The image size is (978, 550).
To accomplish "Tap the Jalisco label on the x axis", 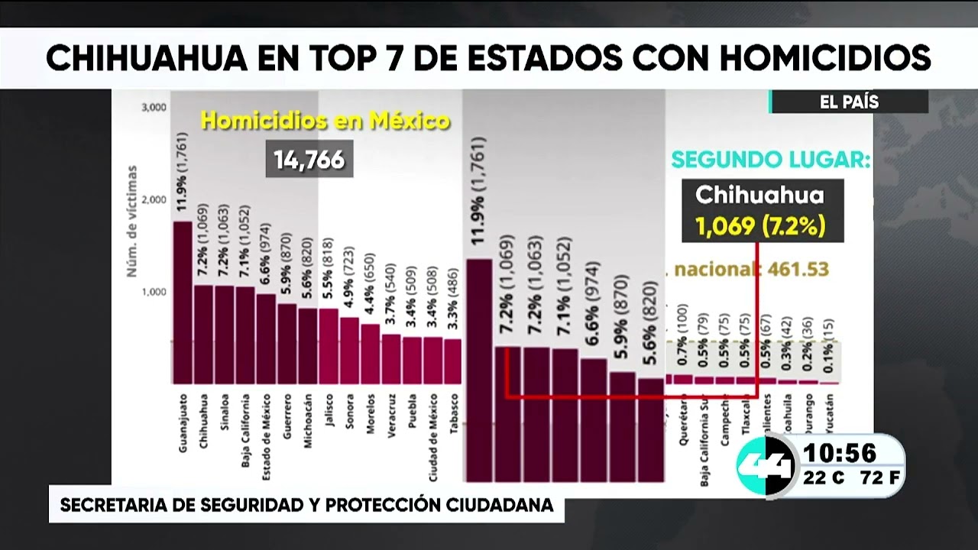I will tap(329, 413).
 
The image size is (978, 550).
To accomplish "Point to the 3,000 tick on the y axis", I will tap(154, 108).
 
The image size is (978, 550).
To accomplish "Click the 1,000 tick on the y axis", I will tap(154, 292).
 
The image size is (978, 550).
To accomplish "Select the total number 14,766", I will tap(309, 160).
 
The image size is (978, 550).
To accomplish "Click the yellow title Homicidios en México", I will tap(325, 121).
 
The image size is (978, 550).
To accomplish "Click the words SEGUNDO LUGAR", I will tap(770, 160).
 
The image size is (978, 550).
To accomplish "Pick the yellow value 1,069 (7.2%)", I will tap(759, 227).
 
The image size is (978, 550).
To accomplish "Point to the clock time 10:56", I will tap(840, 454).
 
